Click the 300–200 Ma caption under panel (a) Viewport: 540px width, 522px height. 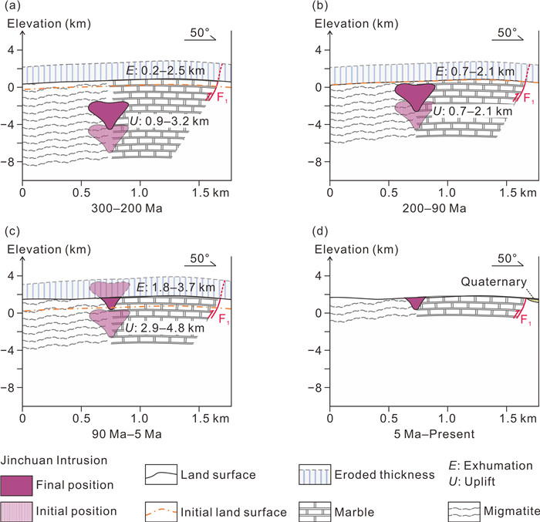coord(127,208)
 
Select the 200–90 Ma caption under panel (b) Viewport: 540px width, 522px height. coord(434,208)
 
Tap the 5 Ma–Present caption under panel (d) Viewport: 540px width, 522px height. coord(434,434)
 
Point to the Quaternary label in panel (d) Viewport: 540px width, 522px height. coord(494,281)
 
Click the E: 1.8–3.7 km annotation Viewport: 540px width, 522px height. coord(176,287)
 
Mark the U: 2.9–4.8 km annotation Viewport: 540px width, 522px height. coord(165,328)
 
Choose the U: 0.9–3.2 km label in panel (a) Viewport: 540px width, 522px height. coord(169,121)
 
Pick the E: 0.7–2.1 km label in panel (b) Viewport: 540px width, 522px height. coord(475,72)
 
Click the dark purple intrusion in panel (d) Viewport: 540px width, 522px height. coord(416,302)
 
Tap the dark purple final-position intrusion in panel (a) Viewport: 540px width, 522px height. coord(108,113)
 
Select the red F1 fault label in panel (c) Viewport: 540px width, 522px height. coord(224,319)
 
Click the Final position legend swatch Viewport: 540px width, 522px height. coord(16,485)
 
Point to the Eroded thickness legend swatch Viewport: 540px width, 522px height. coord(315,475)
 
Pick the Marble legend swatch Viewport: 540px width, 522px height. coord(315,512)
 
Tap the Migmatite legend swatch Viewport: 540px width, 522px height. coord(464,512)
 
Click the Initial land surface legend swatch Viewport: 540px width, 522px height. coord(161,512)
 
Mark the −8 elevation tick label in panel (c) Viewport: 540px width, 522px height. coord(7,388)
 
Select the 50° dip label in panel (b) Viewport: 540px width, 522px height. coord(507,32)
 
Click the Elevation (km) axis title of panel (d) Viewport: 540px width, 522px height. coord(356,249)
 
